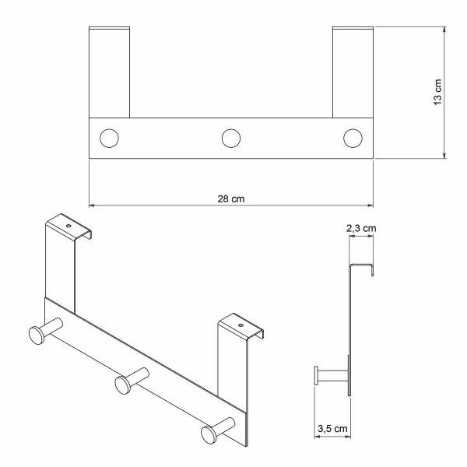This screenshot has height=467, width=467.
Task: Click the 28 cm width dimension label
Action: (x=231, y=198)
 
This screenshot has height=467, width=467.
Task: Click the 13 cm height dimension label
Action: (x=437, y=93)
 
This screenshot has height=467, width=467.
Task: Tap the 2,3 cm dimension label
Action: (x=361, y=228)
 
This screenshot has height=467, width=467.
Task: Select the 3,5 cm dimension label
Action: (x=332, y=427)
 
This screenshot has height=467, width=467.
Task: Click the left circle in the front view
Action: (x=109, y=139)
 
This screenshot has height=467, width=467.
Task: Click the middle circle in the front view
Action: (x=230, y=139)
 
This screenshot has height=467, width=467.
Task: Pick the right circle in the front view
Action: (x=353, y=139)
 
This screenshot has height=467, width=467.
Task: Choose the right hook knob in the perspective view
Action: (x=209, y=432)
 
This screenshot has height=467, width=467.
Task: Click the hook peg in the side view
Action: (x=330, y=377)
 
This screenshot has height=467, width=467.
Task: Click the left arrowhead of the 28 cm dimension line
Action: (x=93, y=205)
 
